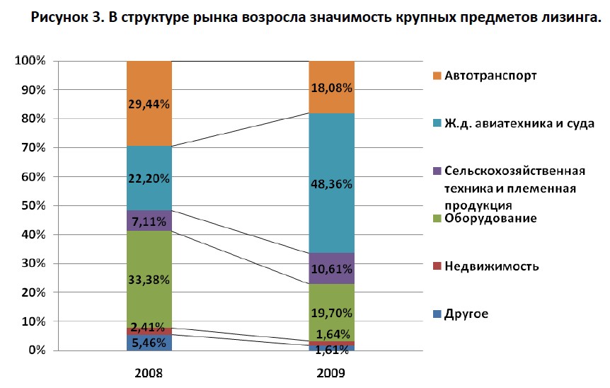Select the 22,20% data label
(x=149, y=179)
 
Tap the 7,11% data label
(x=149, y=221)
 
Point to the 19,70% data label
(x=331, y=313)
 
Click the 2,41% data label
(x=149, y=327)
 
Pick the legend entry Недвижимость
(x=492, y=266)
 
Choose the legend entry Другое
(x=466, y=314)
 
